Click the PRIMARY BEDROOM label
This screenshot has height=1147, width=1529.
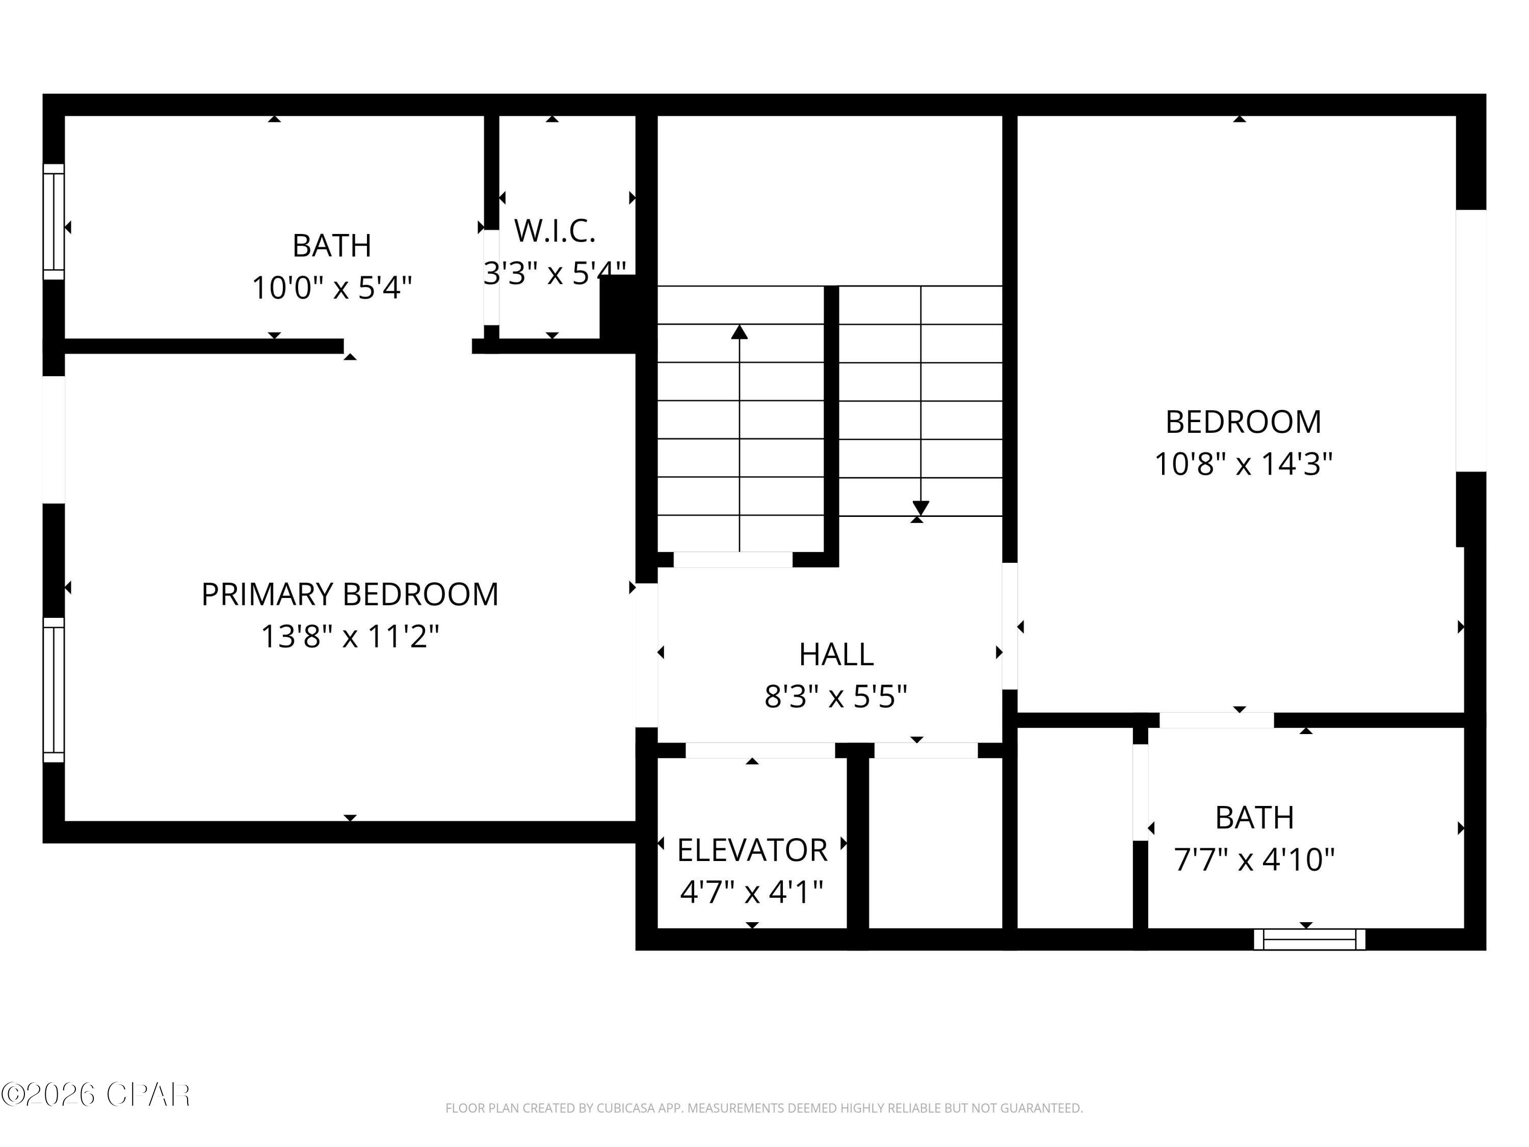tap(350, 594)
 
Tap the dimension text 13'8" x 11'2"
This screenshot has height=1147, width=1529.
tap(350, 637)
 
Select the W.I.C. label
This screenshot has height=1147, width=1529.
tap(555, 231)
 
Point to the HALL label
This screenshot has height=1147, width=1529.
tap(836, 654)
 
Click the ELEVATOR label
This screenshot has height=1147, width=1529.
tap(752, 850)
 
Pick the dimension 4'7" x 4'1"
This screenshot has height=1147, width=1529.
tap(752, 893)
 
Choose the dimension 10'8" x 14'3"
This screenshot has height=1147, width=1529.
tap(1243, 464)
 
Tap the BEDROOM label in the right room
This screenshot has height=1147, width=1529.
tap(1243, 422)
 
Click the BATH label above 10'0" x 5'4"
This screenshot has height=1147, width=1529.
tap(332, 245)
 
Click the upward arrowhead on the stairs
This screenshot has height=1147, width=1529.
tap(740, 332)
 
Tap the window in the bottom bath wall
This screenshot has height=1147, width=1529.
tap(1309, 940)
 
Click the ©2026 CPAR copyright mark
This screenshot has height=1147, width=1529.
tap(95, 1094)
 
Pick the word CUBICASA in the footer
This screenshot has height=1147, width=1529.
tap(625, 1108)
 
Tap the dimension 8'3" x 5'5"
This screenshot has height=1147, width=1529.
tap(836, 696)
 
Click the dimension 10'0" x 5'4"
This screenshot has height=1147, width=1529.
tap(332, 288)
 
